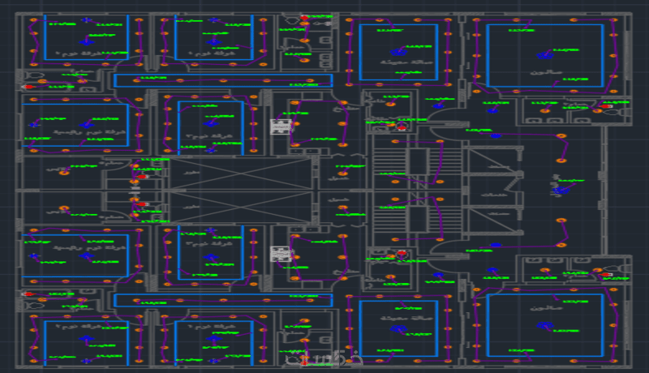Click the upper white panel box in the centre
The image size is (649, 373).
pyautogui.click(x=281, y=126)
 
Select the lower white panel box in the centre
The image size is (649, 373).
pyautogui.click(x=281, y=254)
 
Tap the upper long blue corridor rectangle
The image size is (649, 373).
pyautogui.click(x=223, y=80)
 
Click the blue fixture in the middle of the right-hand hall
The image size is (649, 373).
pyautogui.click(x=561, y=191)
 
